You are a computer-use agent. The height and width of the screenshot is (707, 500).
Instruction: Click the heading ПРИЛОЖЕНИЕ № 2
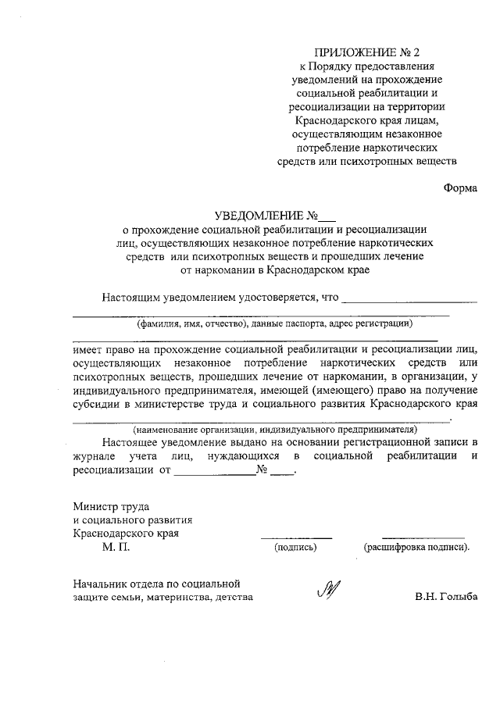366,52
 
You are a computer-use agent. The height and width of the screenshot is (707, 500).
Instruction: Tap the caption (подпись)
295,548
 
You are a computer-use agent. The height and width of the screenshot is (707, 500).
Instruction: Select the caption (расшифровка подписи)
416,548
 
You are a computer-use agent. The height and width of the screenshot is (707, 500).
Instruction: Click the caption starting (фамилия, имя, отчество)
273,323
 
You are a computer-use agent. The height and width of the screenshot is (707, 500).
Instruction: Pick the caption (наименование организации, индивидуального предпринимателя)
273,430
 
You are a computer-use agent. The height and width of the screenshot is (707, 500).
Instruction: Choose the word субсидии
95,405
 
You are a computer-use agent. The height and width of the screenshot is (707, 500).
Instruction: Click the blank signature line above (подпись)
296,537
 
